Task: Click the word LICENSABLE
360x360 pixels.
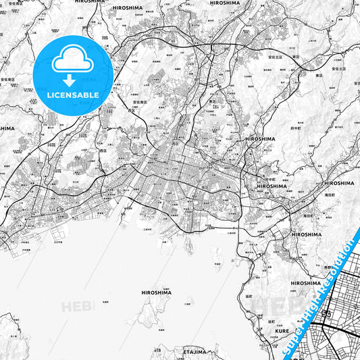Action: pyautogui.click(x=73, y=95)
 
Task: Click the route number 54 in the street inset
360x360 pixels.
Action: pyautogui.click(x=327, y=315)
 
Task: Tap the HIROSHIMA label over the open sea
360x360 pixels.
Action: pyautogui.click(x=156, y=292)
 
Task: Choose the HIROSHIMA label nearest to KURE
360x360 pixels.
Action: pyautogui.click(x=305, y=283)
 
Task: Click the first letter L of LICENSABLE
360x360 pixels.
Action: pyautogui.click(x=49, y=95)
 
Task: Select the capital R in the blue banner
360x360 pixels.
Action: pyautogui.click(x=328, y=282)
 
